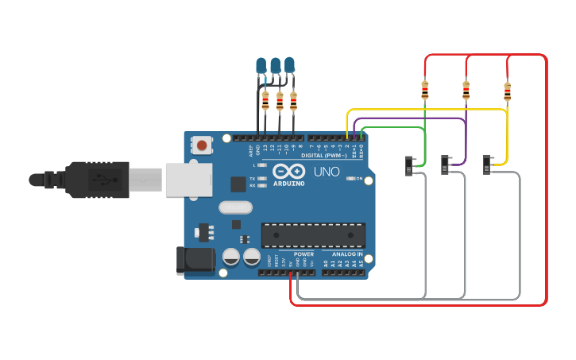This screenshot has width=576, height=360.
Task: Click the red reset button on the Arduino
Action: click(x=203, y=145)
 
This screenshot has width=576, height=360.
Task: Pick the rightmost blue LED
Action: click(x=290, y=64)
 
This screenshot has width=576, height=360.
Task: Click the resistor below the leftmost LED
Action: click(x=265, y=100)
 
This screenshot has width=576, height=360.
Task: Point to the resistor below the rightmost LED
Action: click(x=294, y=100)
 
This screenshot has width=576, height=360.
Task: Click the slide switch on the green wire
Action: click(x=409, y=166)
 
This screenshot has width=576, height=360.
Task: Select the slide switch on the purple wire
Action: click(x=447, y=165)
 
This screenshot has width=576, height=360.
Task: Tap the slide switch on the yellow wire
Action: click(x=488, y=165)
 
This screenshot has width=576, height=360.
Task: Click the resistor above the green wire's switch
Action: click(x=425, y=90)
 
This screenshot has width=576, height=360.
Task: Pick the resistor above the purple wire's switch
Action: click(x=466, y=90)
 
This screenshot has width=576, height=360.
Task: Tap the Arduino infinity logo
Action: click(x=288, y=171)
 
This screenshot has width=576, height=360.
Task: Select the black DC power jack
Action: click(x=195, y=260)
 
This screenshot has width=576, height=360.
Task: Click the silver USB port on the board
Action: click(x=184, y=179)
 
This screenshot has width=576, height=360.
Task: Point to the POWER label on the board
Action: click(x=303, y=254)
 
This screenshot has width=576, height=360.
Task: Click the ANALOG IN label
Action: click(x=348, y=254)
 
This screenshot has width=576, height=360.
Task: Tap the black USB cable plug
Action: click(x=95, y=179)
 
